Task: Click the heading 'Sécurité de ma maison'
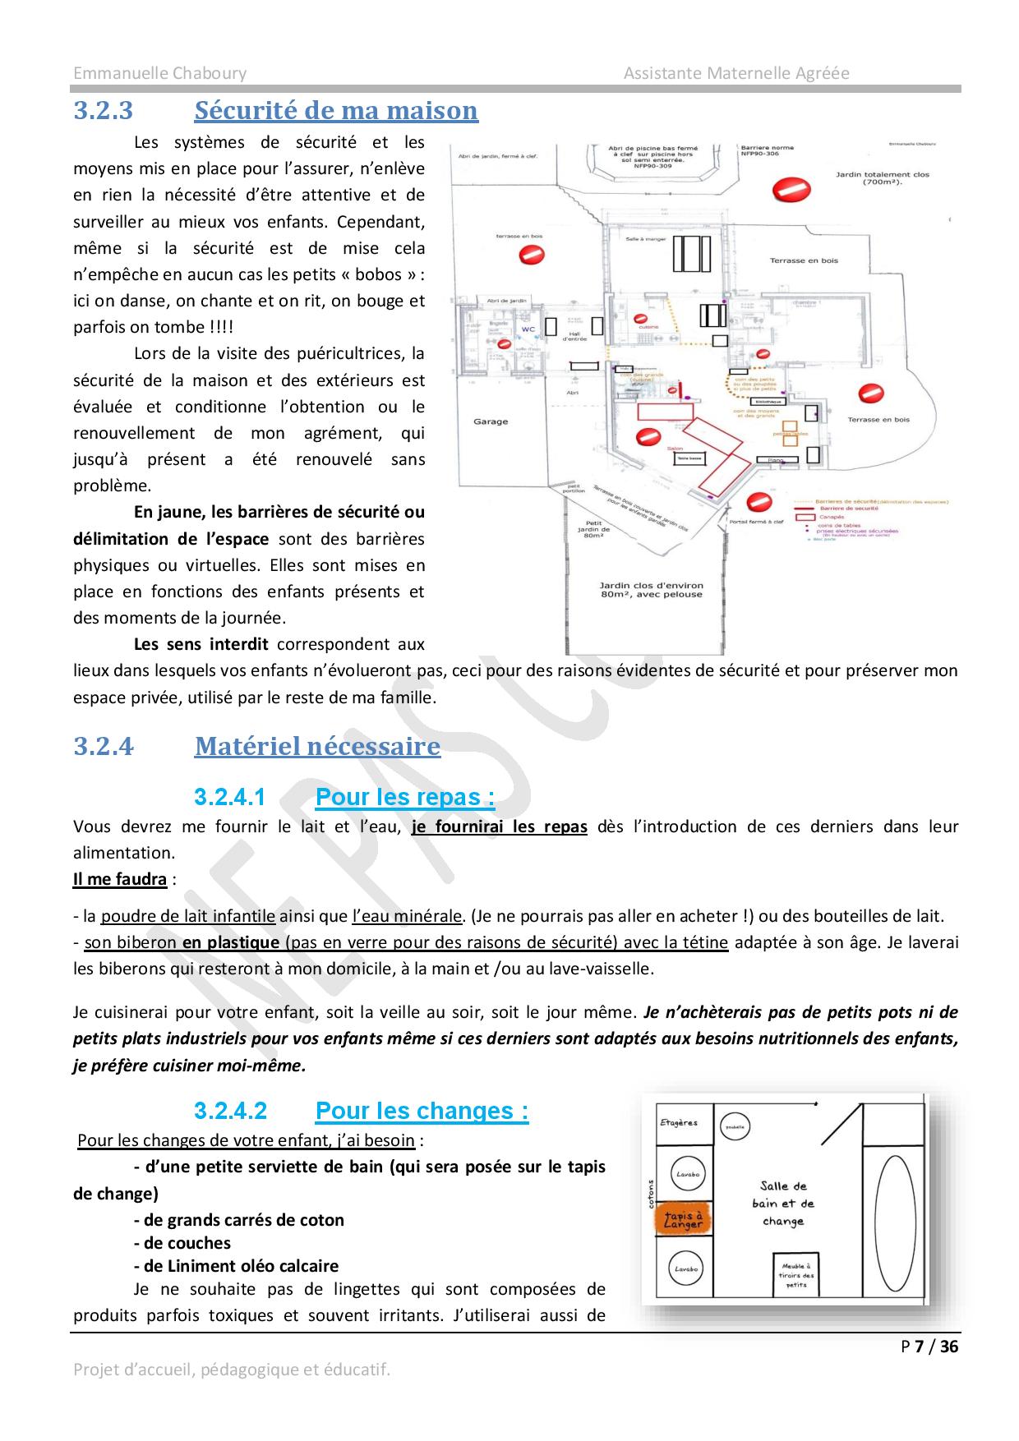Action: [336, 110]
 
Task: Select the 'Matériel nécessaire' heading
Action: [317, 746]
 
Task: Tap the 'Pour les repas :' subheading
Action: [405, 797]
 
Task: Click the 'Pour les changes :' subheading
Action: [422, 1111]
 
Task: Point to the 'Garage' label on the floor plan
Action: [491, 421]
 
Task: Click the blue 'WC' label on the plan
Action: [528, 329]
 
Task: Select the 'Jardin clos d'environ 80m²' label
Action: [651, 590]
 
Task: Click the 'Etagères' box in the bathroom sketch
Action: [679, 1123]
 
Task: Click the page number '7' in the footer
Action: [920, 1347]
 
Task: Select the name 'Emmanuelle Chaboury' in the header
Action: [159, 73]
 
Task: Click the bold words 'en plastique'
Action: [231, 942]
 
